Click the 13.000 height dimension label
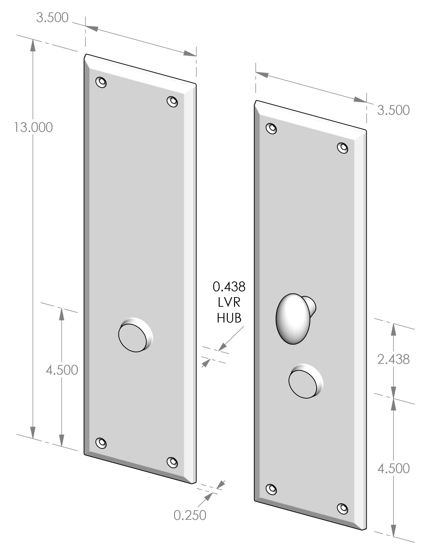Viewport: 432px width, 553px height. [x=33, y=127]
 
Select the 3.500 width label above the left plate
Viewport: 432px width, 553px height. [x=52, y=18]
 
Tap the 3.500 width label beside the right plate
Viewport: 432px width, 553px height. [x=393, y=110]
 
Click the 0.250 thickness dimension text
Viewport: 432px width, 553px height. [x=190, y=515]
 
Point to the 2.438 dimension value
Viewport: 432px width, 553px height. [x=393, y=359]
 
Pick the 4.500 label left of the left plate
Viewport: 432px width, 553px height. [x=62, y=370]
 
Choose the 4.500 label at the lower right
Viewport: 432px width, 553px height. [x=393, y=468]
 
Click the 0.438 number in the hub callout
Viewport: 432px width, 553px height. [x=229, y=287]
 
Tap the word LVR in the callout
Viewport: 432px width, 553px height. [x=229, y=302]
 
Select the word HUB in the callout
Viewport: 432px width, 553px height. [x=229, y=318]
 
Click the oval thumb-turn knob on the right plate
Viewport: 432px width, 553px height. [x=293, y=319]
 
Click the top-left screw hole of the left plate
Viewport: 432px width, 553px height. [x=101, y=82]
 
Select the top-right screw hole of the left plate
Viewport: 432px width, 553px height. [x=172, y=102]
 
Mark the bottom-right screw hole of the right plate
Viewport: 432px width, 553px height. [x=343, y=508]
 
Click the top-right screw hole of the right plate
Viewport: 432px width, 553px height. [x=343, y=148]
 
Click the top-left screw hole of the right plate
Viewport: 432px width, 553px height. [x=271, y=128]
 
